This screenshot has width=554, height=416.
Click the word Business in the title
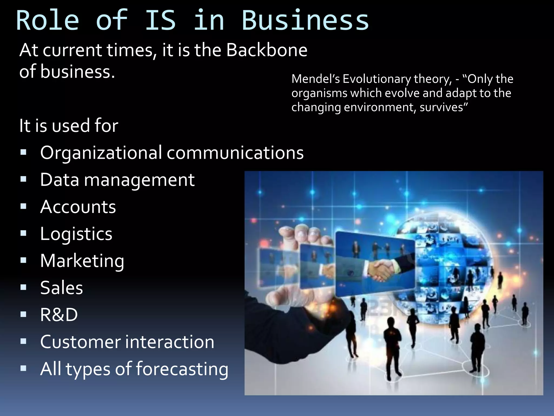pos(305,21)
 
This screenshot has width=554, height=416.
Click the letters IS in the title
pos(160,21)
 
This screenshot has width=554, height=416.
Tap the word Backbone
pos(267,50)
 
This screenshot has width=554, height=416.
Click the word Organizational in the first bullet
pos(101,152)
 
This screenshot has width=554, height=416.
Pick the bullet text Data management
pos(117,180)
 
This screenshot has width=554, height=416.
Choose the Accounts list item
pos(78,207)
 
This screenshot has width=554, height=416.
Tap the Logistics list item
pos(76,234)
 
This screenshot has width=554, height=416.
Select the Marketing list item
pos(82,261)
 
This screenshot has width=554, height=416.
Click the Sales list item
pos(61,288)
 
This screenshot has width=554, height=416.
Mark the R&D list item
pos(59,315)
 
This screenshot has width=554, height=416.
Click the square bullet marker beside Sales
pos(24,287)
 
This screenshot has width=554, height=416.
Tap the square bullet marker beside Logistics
pos(24,233)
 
